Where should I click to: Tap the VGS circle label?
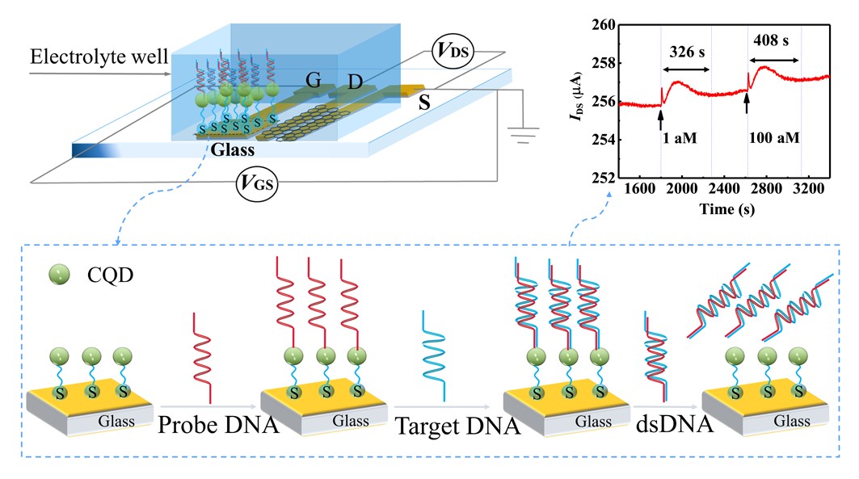point(257,183)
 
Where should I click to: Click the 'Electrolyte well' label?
point(99,57)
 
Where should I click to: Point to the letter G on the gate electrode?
point(314,81)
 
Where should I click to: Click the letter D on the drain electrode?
point(356,82)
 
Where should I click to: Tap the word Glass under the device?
point(233,149)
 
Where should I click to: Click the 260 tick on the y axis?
point(604,24)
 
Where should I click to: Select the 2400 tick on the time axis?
point(724,188)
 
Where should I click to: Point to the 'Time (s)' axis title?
point(727,209)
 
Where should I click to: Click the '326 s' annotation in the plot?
point(687,52)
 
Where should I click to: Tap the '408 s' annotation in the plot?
point(771,40)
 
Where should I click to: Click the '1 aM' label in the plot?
point(680,138)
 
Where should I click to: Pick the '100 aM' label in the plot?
point(773,137)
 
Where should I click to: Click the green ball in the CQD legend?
point(59,275)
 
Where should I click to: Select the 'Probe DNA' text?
point(218,424)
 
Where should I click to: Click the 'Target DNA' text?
point(457,426)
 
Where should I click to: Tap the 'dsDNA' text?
point(675,424)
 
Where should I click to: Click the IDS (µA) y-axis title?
point(575,96)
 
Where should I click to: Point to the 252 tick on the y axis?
point(604,178)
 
